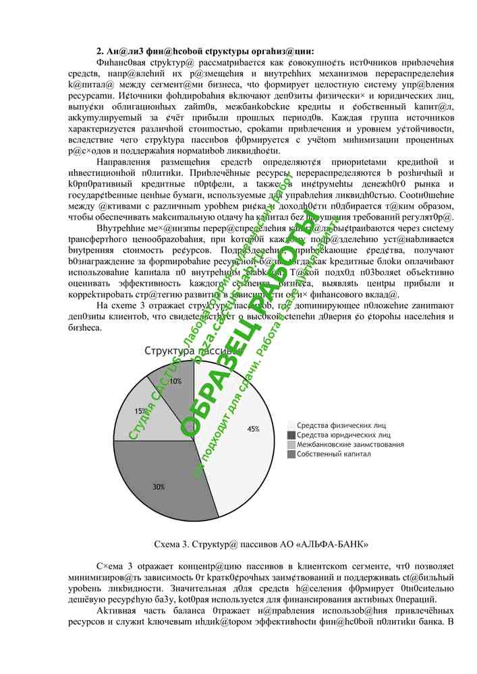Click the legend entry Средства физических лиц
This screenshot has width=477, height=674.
click(341, 425)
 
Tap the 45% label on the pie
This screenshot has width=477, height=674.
click(253, 429)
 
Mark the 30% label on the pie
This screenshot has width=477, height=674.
click(159, 487)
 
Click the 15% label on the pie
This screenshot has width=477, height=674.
click(141, 410)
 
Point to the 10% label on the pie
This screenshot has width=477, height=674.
click(175, 381)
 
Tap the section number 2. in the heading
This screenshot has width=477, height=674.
click(100, 51)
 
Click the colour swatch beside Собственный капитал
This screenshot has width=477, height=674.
click(291, 455)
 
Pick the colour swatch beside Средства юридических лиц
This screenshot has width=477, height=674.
click(291, 435)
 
